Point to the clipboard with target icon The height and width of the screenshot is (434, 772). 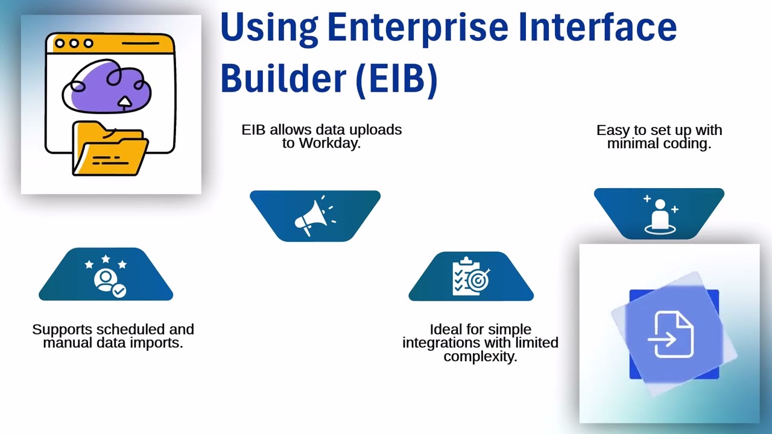[470, 277]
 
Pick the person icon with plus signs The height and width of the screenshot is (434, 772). [659, 214]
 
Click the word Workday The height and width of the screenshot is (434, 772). [329, 143]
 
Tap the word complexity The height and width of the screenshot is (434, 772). [480, 356]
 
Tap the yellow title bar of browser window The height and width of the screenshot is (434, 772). [110, 43]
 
